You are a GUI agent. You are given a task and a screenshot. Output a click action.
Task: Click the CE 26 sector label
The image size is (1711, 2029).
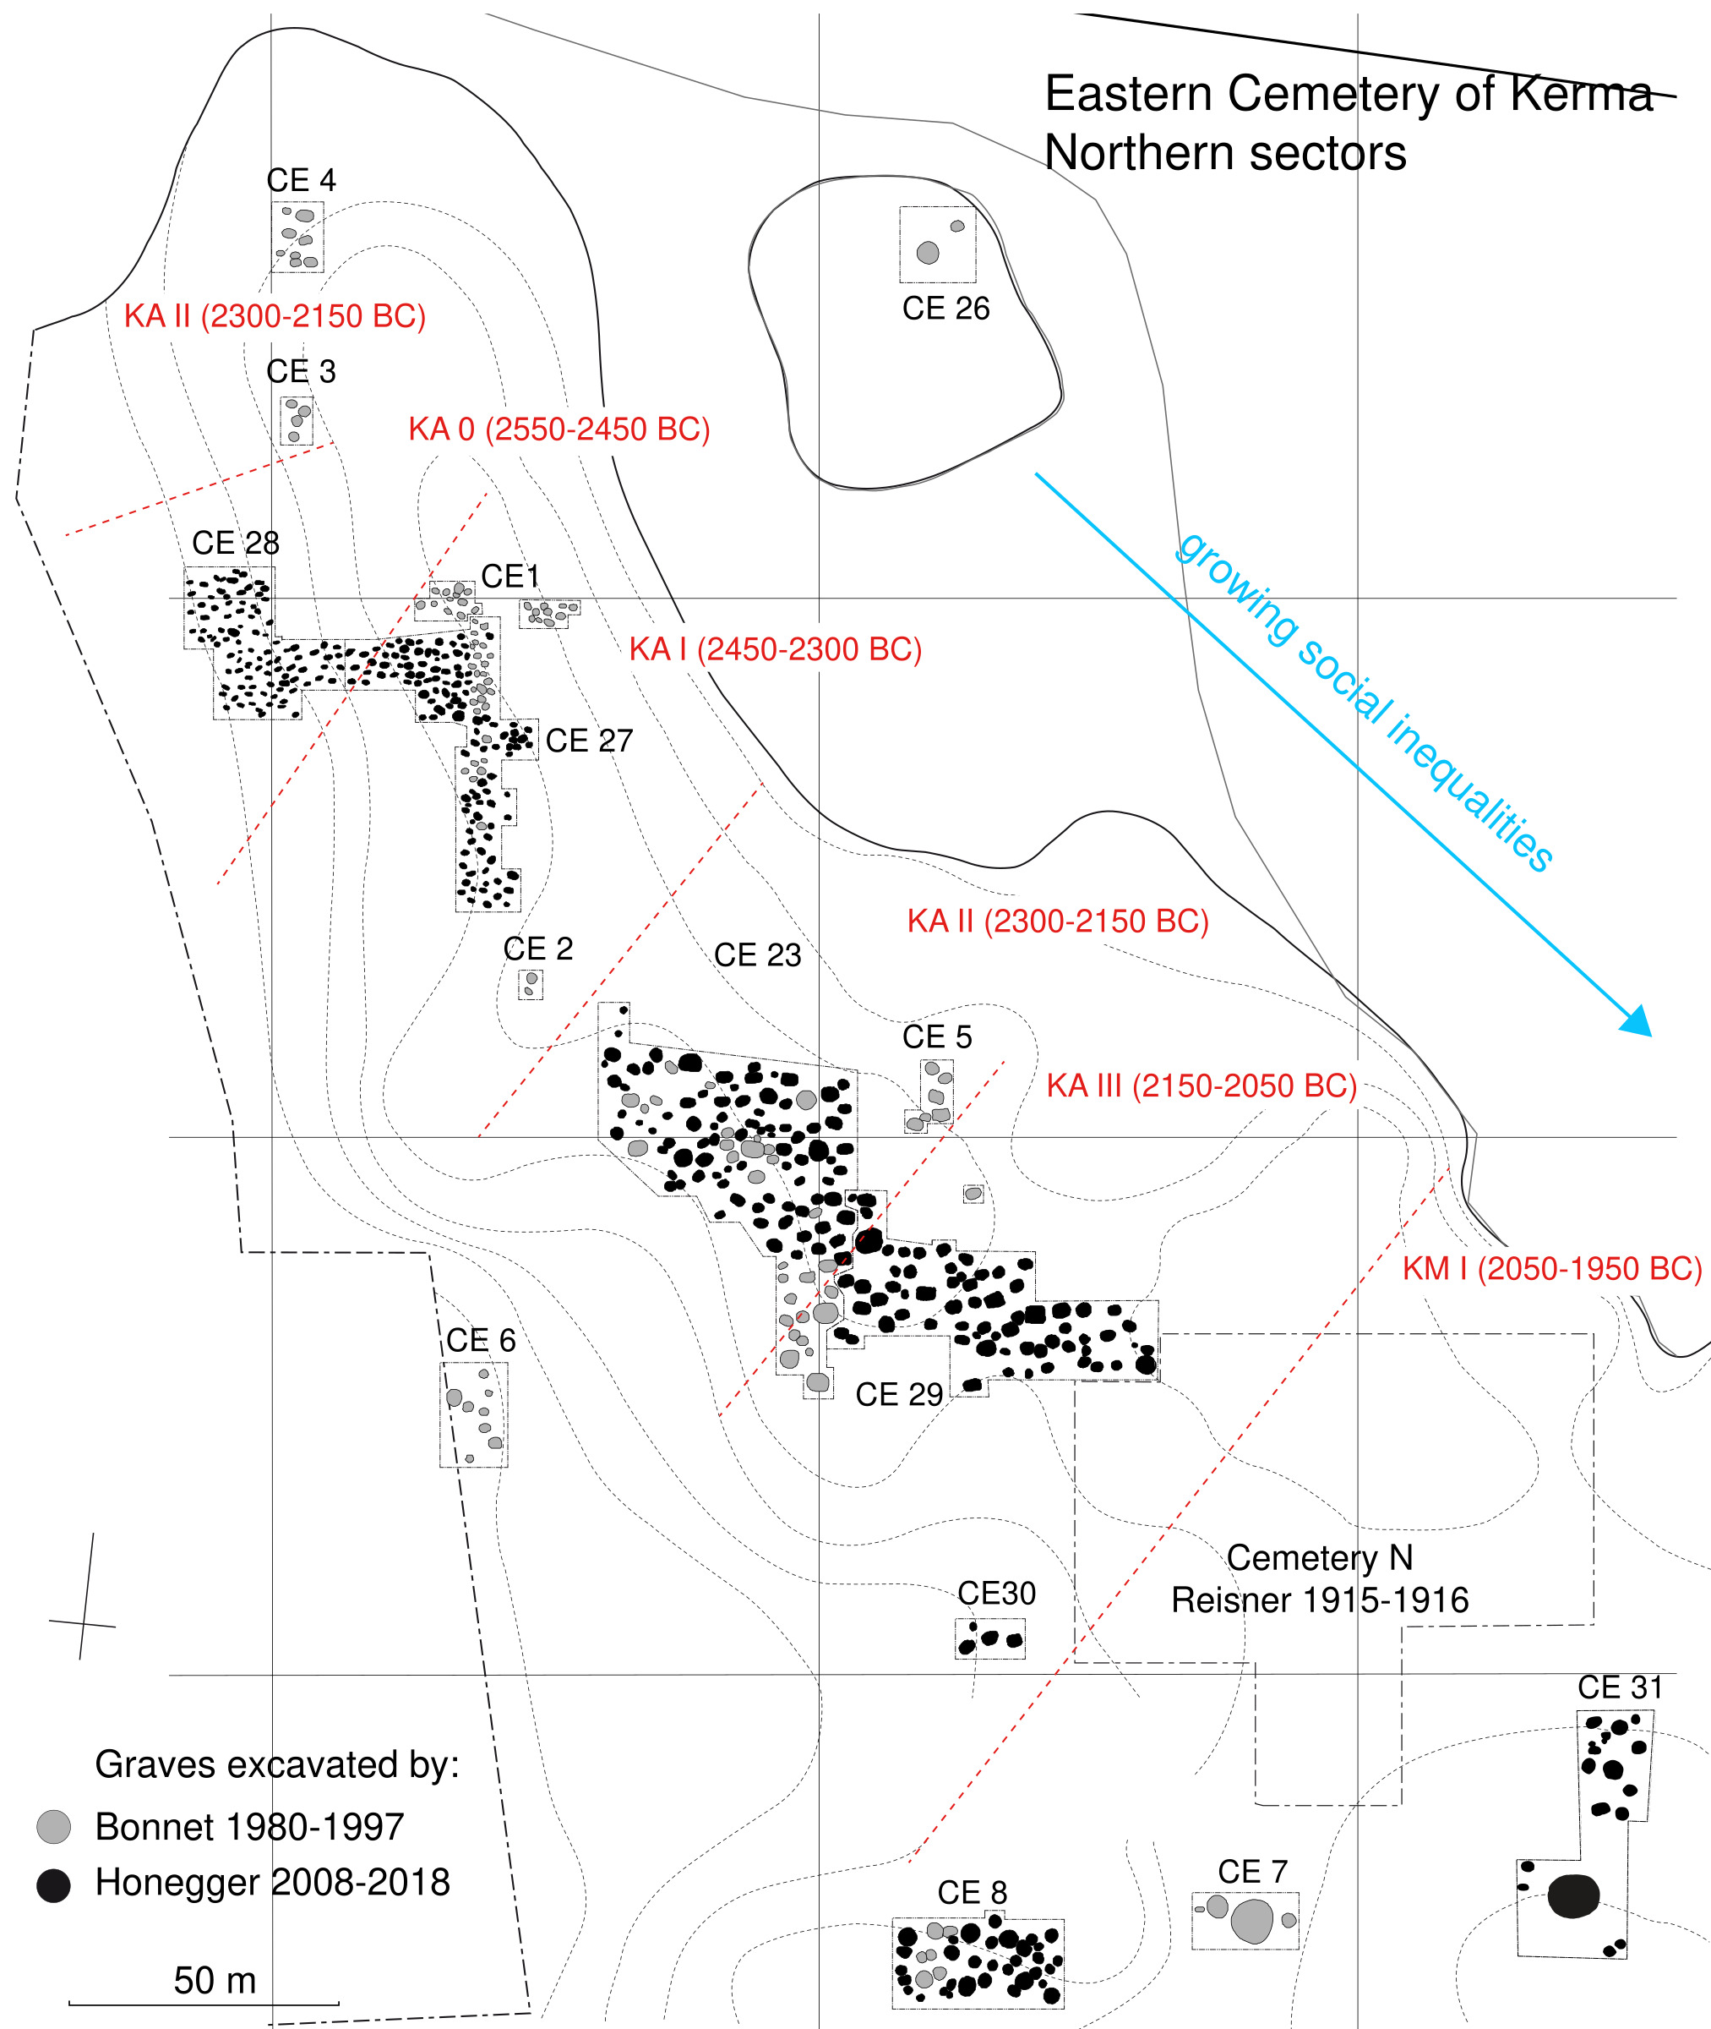coord(945,309)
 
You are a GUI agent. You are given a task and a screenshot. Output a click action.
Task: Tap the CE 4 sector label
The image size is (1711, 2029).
coord(301,180)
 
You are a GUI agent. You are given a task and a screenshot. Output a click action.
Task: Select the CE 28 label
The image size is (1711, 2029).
coord(236,544)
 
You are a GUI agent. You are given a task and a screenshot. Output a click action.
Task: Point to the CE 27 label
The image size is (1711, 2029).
coord(589,741)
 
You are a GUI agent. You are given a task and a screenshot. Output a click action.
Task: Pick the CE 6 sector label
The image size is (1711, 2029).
coord(480,1341)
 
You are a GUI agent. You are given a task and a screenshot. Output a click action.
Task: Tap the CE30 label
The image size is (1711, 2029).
coord(996,1594)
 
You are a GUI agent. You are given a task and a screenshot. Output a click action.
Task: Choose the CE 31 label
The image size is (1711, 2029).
coord(1620,1687)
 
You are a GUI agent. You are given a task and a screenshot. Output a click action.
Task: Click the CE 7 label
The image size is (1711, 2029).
coord(1252,1872)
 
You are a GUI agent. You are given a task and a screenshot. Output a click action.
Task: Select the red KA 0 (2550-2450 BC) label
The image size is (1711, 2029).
coord(559,429)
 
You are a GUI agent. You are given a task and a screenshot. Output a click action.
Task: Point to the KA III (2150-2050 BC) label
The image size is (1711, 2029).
coord(1202,1086)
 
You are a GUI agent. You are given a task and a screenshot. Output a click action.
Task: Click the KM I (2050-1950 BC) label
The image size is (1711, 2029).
coord(1552,1268)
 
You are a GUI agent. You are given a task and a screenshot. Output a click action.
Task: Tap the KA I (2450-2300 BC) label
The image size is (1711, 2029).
coord(775,649)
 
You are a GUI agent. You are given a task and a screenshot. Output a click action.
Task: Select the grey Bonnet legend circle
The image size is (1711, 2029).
coord(53,1826)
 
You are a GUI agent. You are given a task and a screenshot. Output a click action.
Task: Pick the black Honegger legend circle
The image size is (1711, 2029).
coord(53,1885)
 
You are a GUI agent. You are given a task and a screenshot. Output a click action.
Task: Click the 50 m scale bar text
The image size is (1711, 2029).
coord(215,1981)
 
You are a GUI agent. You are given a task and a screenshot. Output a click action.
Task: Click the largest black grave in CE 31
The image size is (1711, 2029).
coord(1572,1896)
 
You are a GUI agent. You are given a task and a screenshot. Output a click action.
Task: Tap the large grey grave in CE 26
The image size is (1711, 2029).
coord(927,254)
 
